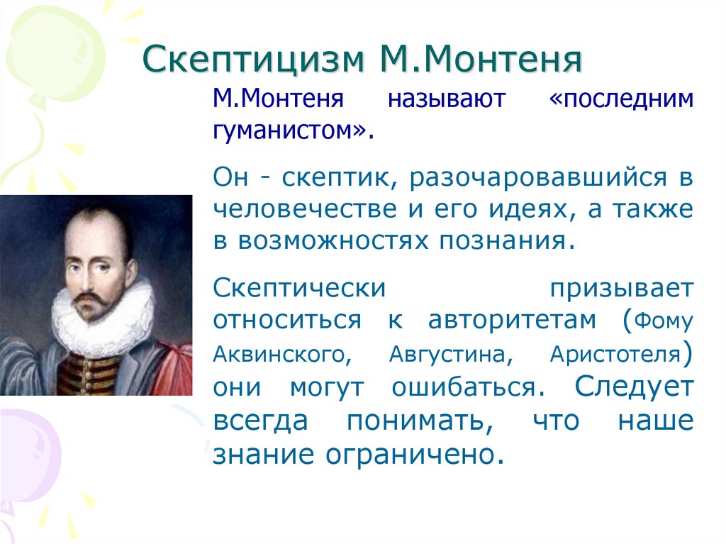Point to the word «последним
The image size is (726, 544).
click(621, 99)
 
